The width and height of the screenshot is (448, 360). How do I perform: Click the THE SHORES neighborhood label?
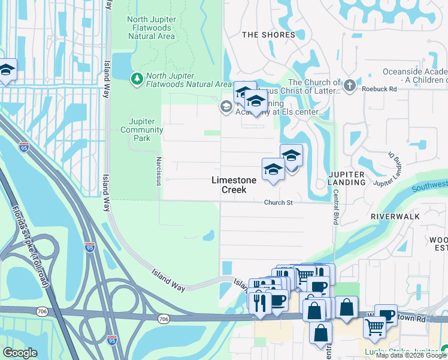point(268,35)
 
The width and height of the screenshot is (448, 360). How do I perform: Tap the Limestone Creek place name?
point(234,185)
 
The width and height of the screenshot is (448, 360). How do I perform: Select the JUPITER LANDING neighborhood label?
point(347,178)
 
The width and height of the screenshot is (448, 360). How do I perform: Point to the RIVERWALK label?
point(392,215)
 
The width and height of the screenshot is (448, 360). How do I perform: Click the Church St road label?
point(279,203)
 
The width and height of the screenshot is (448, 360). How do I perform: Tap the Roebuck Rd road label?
point(379,89)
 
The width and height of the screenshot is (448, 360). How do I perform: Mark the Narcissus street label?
point(159,171)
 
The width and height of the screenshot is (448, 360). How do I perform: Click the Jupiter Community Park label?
point(142,130)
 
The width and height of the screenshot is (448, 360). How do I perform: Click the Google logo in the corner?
point(20,353)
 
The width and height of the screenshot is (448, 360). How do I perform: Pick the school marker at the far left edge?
point(7,70)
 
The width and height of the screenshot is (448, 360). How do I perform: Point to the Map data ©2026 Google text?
point(411,355)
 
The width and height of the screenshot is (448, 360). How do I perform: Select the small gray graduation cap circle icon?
point(226,107)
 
